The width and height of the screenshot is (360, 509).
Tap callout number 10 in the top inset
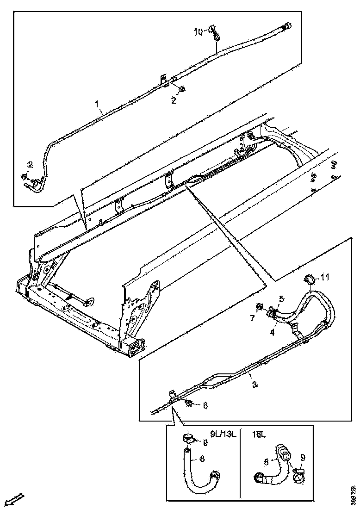198,31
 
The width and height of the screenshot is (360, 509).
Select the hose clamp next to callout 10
214,31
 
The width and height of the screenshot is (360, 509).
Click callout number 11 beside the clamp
325,277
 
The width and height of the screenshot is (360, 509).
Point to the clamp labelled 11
309,279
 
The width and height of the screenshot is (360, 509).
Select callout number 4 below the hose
273,331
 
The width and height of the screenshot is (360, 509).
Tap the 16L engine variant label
259,435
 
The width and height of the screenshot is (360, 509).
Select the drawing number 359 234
354,494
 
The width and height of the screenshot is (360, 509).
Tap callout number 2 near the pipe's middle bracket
174,100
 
